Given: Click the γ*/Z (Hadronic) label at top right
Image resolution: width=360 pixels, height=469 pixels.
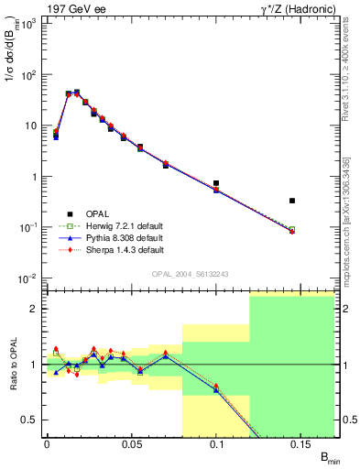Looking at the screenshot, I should tap(297, 7).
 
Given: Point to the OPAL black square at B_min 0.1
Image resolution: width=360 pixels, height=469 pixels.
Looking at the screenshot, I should tap(216, 183).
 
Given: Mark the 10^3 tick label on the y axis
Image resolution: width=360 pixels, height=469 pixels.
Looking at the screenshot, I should tap(29, 23).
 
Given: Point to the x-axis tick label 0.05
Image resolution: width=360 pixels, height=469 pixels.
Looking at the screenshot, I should tap(131, 444).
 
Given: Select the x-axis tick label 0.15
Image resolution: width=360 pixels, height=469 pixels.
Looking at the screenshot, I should tap(301, 444).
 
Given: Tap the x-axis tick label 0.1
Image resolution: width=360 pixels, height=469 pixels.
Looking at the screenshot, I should tap(216, 444).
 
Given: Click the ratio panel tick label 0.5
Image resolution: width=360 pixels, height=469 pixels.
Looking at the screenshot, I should tap(32, 420).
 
